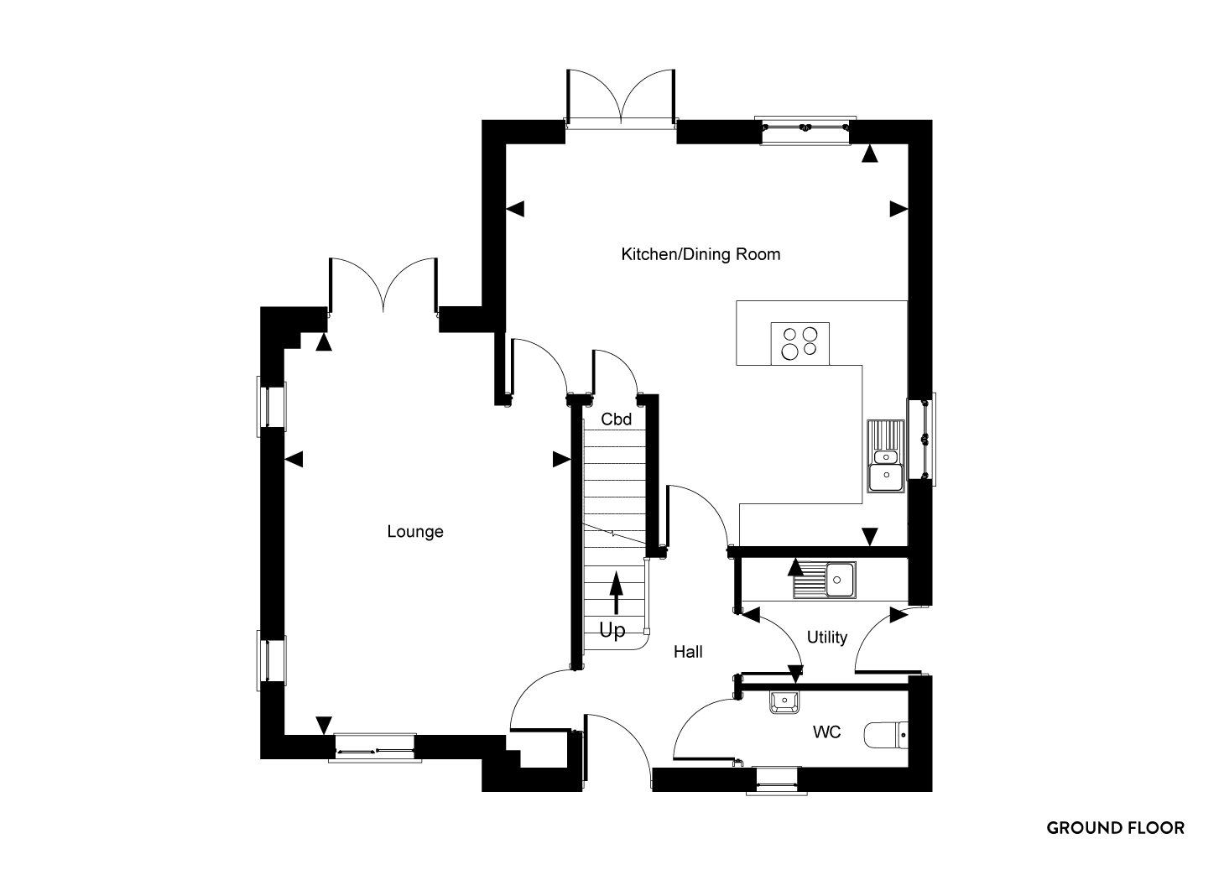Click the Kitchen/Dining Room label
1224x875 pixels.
[x=701, y=255]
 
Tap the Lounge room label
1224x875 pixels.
[x=415, y=532]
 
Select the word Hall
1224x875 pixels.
[x=688, y=652]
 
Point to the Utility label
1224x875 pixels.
[x=826, y=638]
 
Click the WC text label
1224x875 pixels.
[x=826, y=732]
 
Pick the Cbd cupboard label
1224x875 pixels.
[x=616, y=419]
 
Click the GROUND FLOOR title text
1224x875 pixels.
[x=1115, y=828]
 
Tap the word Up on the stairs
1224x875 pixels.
[x=612, y=631]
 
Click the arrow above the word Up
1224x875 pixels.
[x=617, y=592]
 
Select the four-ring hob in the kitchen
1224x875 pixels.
[x=800, y=343]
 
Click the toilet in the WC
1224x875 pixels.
[x=886, y=735]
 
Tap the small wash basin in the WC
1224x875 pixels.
[x=784, y=702]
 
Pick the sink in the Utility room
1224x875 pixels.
[x=825, y=580]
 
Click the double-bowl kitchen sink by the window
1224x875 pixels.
[x=886, y=456]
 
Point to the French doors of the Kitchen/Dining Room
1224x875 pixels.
[x=622, y=99]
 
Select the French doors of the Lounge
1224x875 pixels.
[x=383, y=286]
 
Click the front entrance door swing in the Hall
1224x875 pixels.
[x=617, y=750]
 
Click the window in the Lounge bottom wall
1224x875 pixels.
[x=375, y=747]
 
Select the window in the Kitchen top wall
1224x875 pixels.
[x=805, y=131]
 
